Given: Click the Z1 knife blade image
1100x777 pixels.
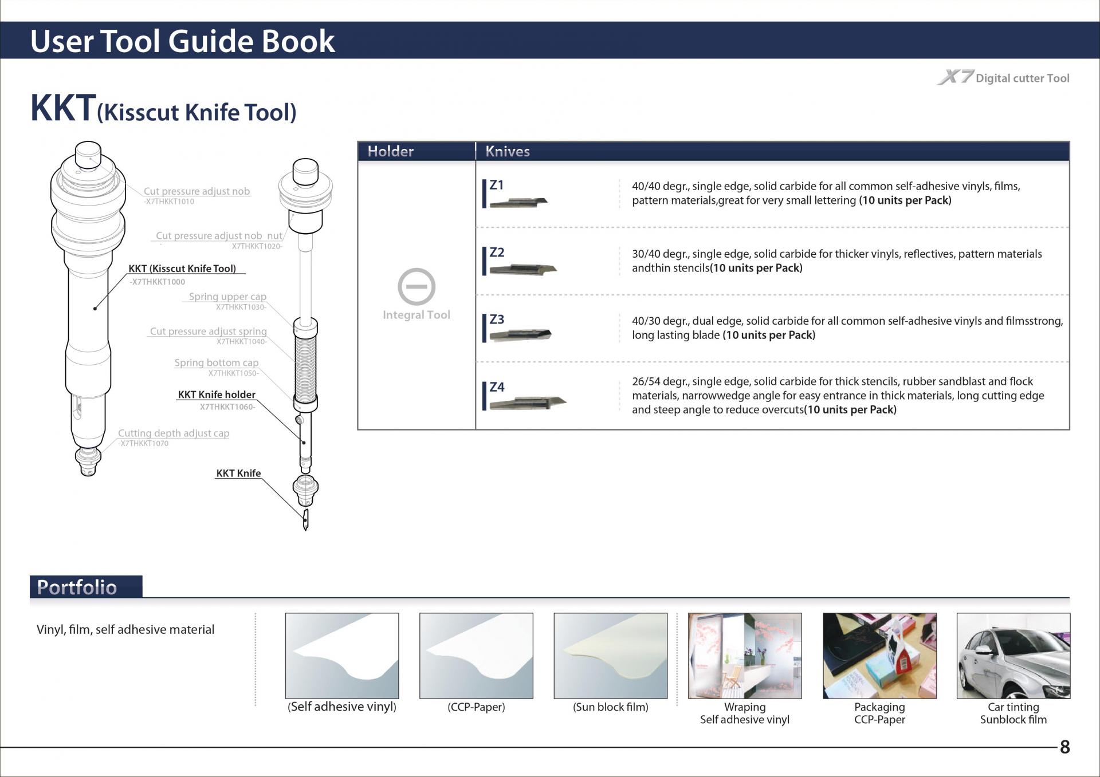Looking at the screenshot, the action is (x=519, y=202).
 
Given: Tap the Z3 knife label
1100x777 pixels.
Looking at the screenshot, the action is (x=497, y=320).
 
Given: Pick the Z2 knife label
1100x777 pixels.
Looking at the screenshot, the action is (x=497, y=253).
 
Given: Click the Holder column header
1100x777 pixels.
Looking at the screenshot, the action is (x=390, y=151).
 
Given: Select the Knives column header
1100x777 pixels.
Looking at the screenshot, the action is (x=507, y=151).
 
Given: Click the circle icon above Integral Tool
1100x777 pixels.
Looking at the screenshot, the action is (x=417, y=286).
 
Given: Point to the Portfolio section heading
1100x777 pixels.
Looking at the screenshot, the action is (x=77, y=587).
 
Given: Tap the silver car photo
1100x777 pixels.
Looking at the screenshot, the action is (x=1013, y=656).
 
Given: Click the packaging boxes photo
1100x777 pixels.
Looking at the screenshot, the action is (x=879, y=656).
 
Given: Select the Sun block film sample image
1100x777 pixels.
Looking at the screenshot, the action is (x=610, y=656).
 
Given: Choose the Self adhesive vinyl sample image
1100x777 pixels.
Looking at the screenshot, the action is (x=342, y=656).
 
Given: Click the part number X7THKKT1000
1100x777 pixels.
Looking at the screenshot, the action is (x=158, y=282).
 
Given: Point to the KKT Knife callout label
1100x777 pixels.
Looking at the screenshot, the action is (x=238, y=474).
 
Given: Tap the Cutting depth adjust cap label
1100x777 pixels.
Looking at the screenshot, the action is (x=174, y=433).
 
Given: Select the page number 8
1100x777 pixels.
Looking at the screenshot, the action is (x=1064, y=747).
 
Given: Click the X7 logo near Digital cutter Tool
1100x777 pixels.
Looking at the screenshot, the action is (x=955, y=77).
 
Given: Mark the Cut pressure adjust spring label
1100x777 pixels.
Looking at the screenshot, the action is (x=209, y=332).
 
